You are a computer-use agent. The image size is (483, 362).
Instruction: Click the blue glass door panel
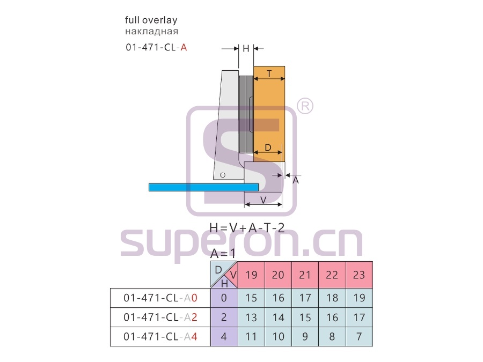(203, 188)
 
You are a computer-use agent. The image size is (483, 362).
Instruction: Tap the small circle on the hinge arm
(222, 175)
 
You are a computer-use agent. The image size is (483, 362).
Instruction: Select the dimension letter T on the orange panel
(269, 74)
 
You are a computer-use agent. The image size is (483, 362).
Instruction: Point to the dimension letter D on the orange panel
(268, 148)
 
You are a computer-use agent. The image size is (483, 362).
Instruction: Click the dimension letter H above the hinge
(246, 49)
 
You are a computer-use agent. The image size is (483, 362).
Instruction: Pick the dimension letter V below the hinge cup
(264, 201)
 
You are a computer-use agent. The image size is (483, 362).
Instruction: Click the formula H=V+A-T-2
(247, 228)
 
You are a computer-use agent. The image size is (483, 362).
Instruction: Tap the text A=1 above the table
(223, 254)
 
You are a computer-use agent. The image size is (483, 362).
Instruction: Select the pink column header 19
(251, 275)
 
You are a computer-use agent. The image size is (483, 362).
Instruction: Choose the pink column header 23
(359, 275)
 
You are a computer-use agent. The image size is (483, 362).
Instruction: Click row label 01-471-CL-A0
(160, 298)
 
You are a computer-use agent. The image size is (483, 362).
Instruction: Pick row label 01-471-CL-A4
(160, 337)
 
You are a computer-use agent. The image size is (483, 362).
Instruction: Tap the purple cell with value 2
(224, 317)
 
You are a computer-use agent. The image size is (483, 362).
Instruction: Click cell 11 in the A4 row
(251, 337)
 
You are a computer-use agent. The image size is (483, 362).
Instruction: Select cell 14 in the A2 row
(278, 317)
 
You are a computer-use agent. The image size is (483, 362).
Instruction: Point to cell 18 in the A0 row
(332, 298)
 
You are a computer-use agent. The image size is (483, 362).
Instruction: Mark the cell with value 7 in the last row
(359, 337)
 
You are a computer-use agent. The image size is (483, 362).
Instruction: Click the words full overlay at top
(151, 20)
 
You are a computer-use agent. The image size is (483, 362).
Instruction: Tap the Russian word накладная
(151, 32)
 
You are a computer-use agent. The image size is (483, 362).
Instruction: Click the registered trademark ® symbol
(305, 106)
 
